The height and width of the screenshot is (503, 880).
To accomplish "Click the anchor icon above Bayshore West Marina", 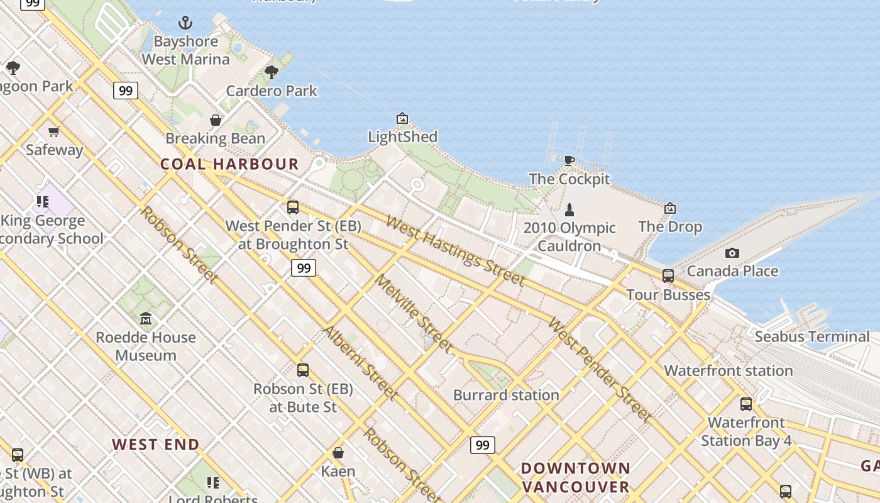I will coord(185,23).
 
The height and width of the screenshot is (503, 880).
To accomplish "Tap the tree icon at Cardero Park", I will coord(272,72).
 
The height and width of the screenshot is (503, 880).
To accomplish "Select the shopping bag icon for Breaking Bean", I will coord(216,119).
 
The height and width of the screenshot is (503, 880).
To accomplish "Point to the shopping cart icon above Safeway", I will coord(54,131).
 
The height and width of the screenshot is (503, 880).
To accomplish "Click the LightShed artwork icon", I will coord(402,118).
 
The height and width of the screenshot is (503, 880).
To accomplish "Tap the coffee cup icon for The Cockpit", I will coord(569,160).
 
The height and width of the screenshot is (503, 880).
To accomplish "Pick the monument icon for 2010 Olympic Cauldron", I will coord(569,209).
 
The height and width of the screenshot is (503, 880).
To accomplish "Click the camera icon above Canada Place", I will coord(732,253).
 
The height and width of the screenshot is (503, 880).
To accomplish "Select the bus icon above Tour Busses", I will coord(668,275).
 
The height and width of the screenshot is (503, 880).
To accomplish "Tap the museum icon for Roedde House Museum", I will coord(146,319).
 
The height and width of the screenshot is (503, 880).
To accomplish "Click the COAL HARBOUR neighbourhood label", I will coord(229,164).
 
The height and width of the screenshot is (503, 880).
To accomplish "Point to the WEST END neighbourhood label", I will coord(155,444).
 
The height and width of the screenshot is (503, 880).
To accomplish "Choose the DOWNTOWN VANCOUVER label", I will coord(575,477).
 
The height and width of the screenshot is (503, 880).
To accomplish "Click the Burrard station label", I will coord(506,395).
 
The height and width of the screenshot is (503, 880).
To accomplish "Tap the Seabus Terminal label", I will coord(812,336).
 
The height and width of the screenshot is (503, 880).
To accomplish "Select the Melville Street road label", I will coord(414,313).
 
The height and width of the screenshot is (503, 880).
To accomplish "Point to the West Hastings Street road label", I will coord(455,250).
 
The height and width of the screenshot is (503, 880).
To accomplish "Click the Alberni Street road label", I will coord(360,363).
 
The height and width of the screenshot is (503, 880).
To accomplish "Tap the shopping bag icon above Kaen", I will coord(338,453).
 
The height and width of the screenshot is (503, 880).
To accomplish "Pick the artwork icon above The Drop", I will coord(670,208).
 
